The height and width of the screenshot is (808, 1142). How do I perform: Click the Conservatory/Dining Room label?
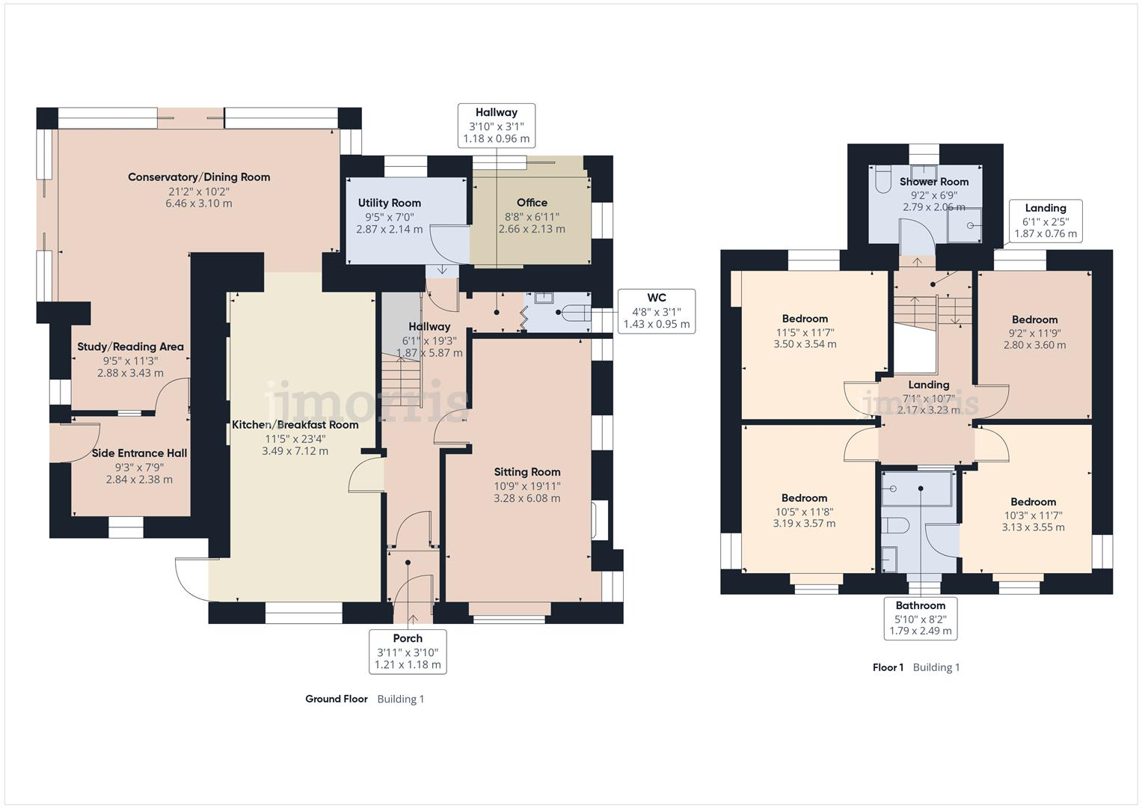coord(199,177)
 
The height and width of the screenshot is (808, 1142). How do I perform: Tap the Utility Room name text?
coord(389,203)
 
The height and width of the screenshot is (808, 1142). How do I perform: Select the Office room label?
coord(532,203)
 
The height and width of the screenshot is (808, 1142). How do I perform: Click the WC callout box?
coord(656,310)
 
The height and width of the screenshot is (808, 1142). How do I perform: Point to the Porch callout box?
coord(408,651)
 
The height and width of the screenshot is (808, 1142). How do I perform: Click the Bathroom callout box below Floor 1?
coord(920,618)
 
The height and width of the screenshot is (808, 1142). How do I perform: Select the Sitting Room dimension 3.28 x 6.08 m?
coord(527,498)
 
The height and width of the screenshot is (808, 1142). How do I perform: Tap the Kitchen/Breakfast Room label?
coord(295,425)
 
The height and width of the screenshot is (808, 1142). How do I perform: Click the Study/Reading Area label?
coord(130,347)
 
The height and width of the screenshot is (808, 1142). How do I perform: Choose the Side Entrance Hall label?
coord(139,453)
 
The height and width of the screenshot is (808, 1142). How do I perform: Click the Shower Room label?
coord(933,182)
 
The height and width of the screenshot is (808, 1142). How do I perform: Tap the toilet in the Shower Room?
coord(882,180)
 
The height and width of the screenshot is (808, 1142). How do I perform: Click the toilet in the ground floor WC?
coord(574,312)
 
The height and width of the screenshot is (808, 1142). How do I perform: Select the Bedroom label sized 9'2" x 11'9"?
coord(1034,319)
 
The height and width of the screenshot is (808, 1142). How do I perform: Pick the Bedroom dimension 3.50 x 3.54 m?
coord(805,344)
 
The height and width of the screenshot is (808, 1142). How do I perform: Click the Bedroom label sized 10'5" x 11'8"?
coord(804,498)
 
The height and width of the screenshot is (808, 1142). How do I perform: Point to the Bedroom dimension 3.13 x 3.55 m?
coord(1033,527)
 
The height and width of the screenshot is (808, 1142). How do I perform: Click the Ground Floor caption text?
coord(336,699)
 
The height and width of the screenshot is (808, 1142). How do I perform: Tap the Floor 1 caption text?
coord(888,667)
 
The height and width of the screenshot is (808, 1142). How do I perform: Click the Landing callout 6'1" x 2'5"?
coord(1045,221)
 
